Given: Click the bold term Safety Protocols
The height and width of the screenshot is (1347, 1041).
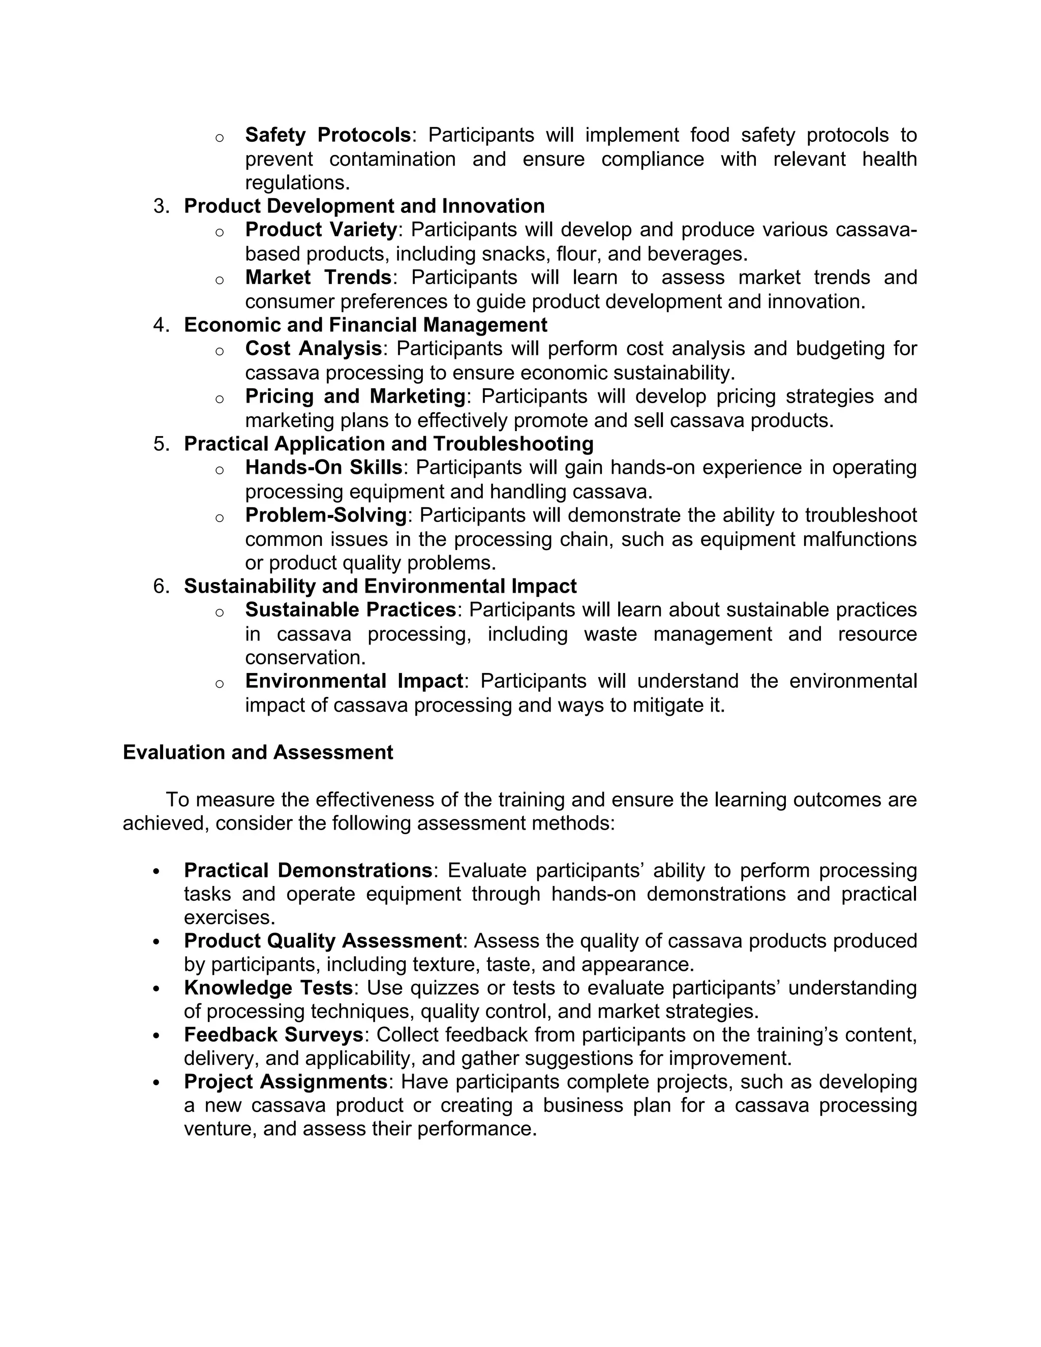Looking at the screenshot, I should [x=327, y=135].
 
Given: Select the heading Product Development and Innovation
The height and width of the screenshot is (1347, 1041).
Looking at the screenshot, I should [x=364, y=206].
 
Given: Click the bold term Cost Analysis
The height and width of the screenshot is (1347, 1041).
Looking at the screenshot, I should [x=313, y=349].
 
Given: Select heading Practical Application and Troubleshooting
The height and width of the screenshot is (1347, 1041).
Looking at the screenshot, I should [x=388, y=443].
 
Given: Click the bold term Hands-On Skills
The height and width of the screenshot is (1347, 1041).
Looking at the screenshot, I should [x=324, y=468].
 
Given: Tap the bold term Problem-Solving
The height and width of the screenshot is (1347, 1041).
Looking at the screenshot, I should [x=326, y=515].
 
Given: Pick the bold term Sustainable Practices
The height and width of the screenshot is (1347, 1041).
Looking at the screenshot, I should [x=350, y=610].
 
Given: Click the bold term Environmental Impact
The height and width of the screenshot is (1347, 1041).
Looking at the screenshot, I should [x=354, y=681].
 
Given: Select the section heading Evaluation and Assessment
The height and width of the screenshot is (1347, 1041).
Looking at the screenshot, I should [x=258, y=752].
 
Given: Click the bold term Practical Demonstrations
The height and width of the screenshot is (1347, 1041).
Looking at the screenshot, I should [x=308, y=870].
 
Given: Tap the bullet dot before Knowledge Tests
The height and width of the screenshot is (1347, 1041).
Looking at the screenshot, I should [x=156, y=989].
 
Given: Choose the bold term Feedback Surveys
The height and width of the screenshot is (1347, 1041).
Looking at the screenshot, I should [x=273, y=1034].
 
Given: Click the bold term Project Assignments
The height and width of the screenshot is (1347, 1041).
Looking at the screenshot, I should [x=286, y=1082].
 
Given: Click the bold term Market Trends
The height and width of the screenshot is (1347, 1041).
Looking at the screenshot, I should [x=318, y=278].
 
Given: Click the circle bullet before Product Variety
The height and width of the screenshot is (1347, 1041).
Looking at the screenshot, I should [x=219, y=232].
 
